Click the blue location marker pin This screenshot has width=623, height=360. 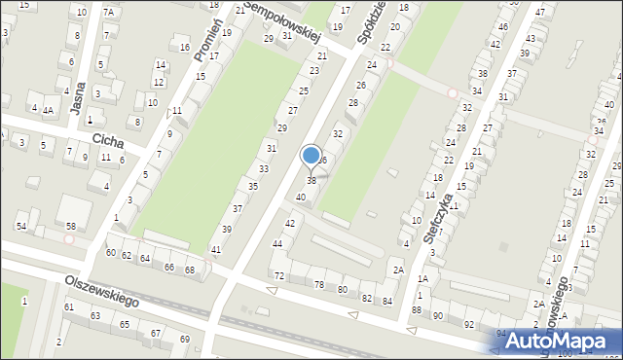pos(311,156)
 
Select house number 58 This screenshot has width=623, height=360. pos(71,226)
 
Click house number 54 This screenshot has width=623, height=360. pos(20,226)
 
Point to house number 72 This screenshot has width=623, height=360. pos(279,276)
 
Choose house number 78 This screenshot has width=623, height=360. pos(319,284)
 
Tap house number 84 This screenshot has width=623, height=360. pos(386,301)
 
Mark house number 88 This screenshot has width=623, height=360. pos(417,309)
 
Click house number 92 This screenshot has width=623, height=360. pos(469,324)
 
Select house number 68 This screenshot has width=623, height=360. pos(190,270)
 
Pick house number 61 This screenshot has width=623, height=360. pos(69,307)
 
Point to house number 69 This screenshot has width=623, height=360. pos(185,339)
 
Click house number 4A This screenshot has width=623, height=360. pos(48,110)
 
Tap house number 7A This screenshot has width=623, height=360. pos(109,12)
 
